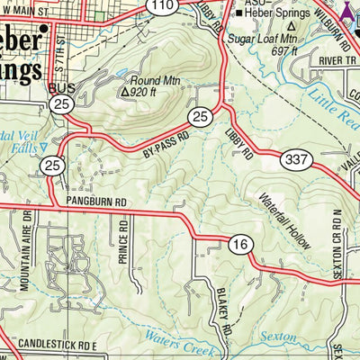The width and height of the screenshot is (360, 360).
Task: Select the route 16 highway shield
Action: (x=238, y=245)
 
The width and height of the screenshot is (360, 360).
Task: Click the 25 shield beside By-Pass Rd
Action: (x=200, y=118)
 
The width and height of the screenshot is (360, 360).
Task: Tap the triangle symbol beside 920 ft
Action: (x=125, y=91)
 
